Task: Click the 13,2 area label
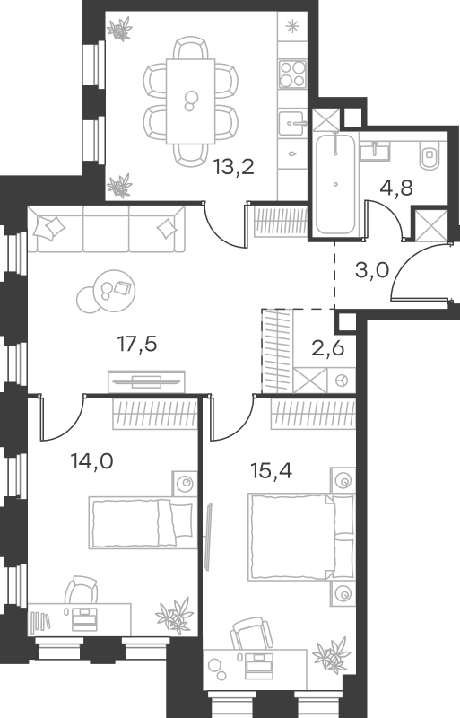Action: click(x=233, y=168)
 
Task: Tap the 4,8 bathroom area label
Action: click(x=396, y=188)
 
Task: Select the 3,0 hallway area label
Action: click(x=371, y=270)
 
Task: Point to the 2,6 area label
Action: click(x=327, y=348)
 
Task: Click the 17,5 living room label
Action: click(x=137, y=344)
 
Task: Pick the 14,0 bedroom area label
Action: click(x=91, y=461)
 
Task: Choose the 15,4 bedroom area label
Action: click(x=272, y=470)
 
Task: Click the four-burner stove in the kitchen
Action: click(x=292, y=74)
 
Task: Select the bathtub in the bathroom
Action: click(x=335, y=184)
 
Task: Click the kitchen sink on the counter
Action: click(x=291, y=123)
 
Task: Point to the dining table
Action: click(x=190, y=101)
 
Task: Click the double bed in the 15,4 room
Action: click(x=301, y=537)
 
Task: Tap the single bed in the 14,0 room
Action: click(x=141, y=523)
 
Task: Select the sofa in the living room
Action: click(x=106, y=229)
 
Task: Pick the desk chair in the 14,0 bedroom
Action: click(x=81, y=590)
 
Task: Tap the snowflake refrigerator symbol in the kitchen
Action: click(x=291, y=27)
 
